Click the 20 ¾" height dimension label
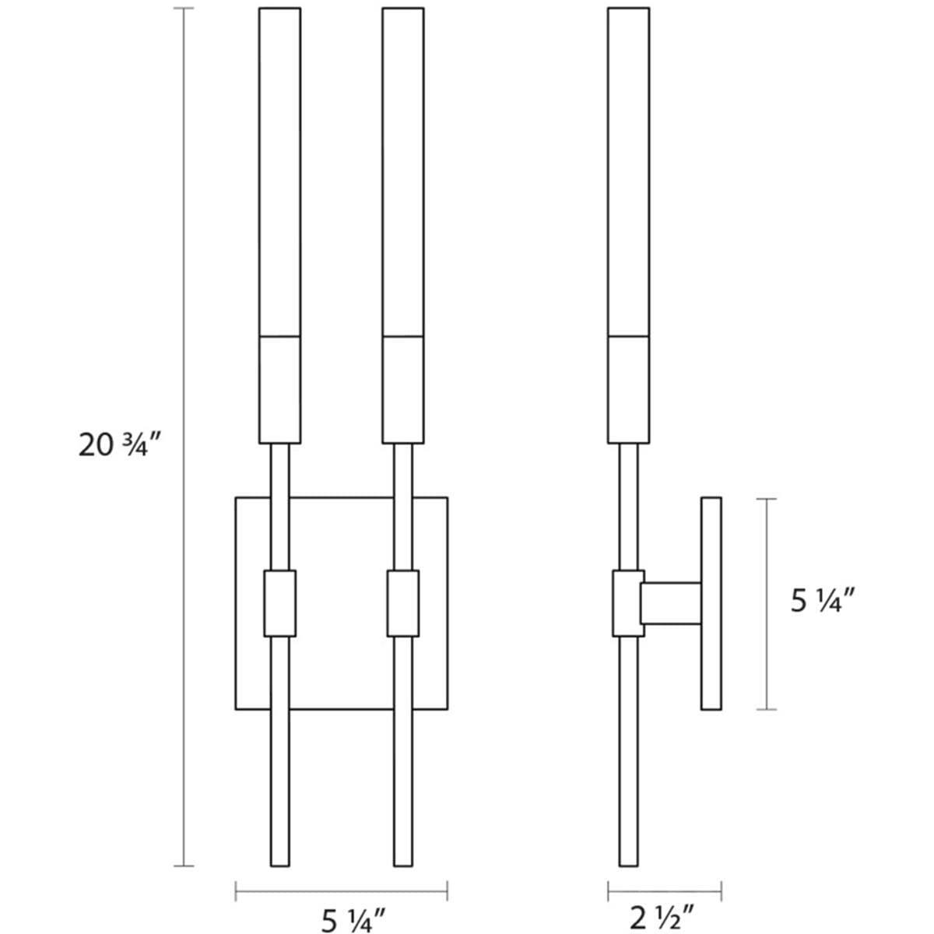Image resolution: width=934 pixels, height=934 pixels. click(119, 445)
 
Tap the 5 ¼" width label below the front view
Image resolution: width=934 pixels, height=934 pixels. click(353, 921)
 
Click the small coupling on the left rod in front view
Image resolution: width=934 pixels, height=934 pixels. click(279, 603)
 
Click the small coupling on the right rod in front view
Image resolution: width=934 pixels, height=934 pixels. click(402, 603)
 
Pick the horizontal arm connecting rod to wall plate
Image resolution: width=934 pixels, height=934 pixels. click(670, 604)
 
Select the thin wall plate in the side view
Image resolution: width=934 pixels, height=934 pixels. click(711, 603)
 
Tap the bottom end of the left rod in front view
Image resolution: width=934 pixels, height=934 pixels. click(279, 860)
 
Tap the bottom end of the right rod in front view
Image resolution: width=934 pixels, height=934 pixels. click(402, 860)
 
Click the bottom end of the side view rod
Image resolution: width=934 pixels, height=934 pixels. click(628, 860)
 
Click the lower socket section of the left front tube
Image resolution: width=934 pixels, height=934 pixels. click(279, 390)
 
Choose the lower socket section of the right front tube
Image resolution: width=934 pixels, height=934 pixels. click(403, 390)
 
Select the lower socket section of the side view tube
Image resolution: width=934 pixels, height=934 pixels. click(628, 390)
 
